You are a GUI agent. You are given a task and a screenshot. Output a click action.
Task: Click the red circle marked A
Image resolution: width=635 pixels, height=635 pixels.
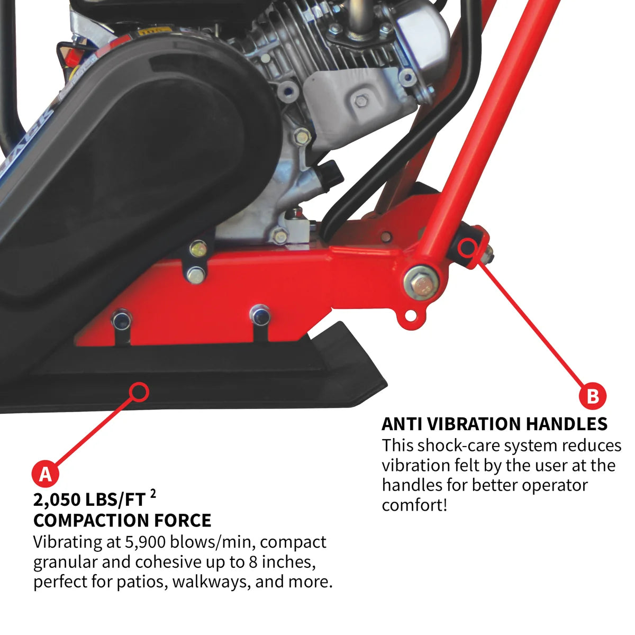coord(46,474)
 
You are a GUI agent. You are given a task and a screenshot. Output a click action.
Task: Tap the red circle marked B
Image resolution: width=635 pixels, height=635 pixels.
coord(593,396)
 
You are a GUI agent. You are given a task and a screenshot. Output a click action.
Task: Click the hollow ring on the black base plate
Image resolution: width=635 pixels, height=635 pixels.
coord(139,392)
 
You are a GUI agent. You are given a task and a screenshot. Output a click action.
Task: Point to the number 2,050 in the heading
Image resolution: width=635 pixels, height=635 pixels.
coord(56,501)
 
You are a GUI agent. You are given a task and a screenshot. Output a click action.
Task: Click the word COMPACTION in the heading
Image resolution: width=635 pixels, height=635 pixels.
coord(91,521)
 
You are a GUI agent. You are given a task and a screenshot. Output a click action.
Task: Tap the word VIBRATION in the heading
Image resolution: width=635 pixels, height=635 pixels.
coord(474,424)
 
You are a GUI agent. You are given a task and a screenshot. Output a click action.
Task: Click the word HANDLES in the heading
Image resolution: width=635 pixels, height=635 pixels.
coord(566,424)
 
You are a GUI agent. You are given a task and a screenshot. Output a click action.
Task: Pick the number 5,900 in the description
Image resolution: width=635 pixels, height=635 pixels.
coord(144,542)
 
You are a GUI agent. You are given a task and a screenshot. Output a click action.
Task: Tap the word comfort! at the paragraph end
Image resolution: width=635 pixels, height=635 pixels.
coord(414,505)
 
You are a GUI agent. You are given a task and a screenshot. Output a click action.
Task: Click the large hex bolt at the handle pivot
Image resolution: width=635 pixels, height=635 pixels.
coord(421,283)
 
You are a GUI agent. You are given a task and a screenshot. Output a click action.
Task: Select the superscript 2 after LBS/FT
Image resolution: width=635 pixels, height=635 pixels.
coord(153,494)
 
